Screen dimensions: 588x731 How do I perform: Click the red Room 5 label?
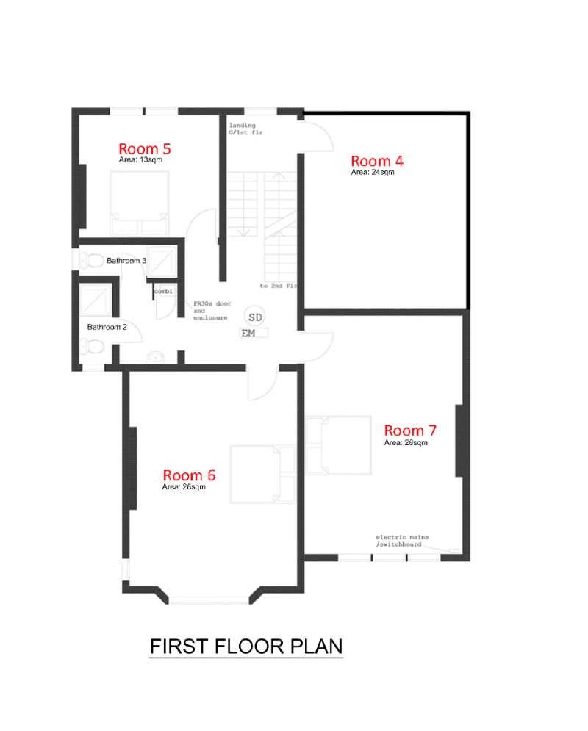[145, 148]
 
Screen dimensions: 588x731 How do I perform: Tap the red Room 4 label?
[377, 161]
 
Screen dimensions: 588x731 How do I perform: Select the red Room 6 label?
[189, 475]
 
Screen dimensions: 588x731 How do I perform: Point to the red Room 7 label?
[410, 431]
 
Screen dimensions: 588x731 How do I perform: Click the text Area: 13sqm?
[140, 159]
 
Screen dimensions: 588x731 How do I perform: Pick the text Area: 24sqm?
[373, 172]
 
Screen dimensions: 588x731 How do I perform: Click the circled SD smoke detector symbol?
[255, 317]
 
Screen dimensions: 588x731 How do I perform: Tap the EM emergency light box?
[254, 333]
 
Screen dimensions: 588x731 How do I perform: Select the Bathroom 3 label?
[126, 261]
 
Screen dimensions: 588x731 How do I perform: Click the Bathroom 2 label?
[107, 327]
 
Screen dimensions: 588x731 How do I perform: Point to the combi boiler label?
[163, 292]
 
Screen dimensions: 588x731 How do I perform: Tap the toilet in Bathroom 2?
[92, 347]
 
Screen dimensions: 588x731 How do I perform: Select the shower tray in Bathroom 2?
[95, 300]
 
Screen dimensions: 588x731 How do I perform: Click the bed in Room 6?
[262, 474]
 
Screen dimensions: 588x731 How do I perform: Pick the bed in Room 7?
[339, 445]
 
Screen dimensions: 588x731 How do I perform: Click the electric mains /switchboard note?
[402, 541]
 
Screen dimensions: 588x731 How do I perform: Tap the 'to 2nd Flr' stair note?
[278, 286]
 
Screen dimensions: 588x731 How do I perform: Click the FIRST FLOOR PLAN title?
[246, 647]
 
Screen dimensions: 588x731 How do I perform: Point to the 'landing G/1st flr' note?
[245, 129]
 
